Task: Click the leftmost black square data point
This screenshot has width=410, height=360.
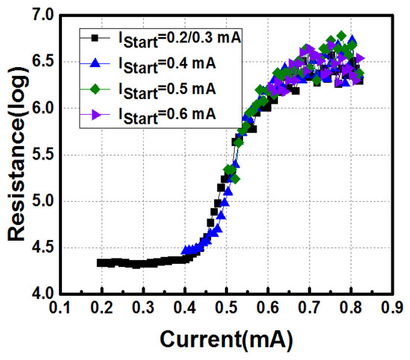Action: [x=101, y=262]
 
